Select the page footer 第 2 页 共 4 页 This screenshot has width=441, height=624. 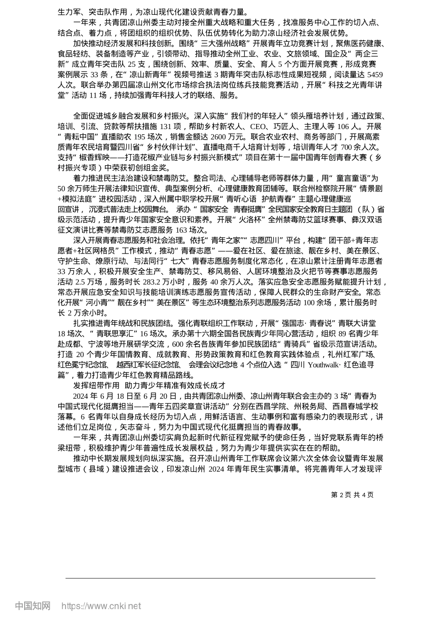pyautogui.click(x=352, y=495)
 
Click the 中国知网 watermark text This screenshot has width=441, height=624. pyautogui.click(x=32, y=606)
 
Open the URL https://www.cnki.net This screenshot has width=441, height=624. pyautogui.click(x=101, y=606)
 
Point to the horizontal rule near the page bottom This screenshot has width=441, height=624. pyautogui.click(x=220, y=578)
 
